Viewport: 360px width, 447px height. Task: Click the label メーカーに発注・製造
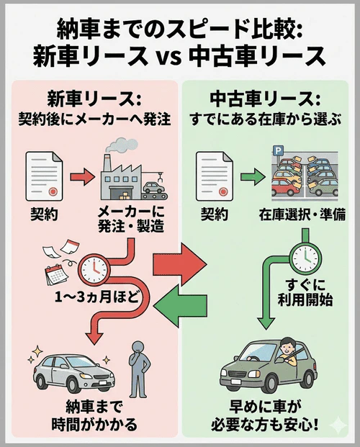pyautogui.click(x=128, y=220)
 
